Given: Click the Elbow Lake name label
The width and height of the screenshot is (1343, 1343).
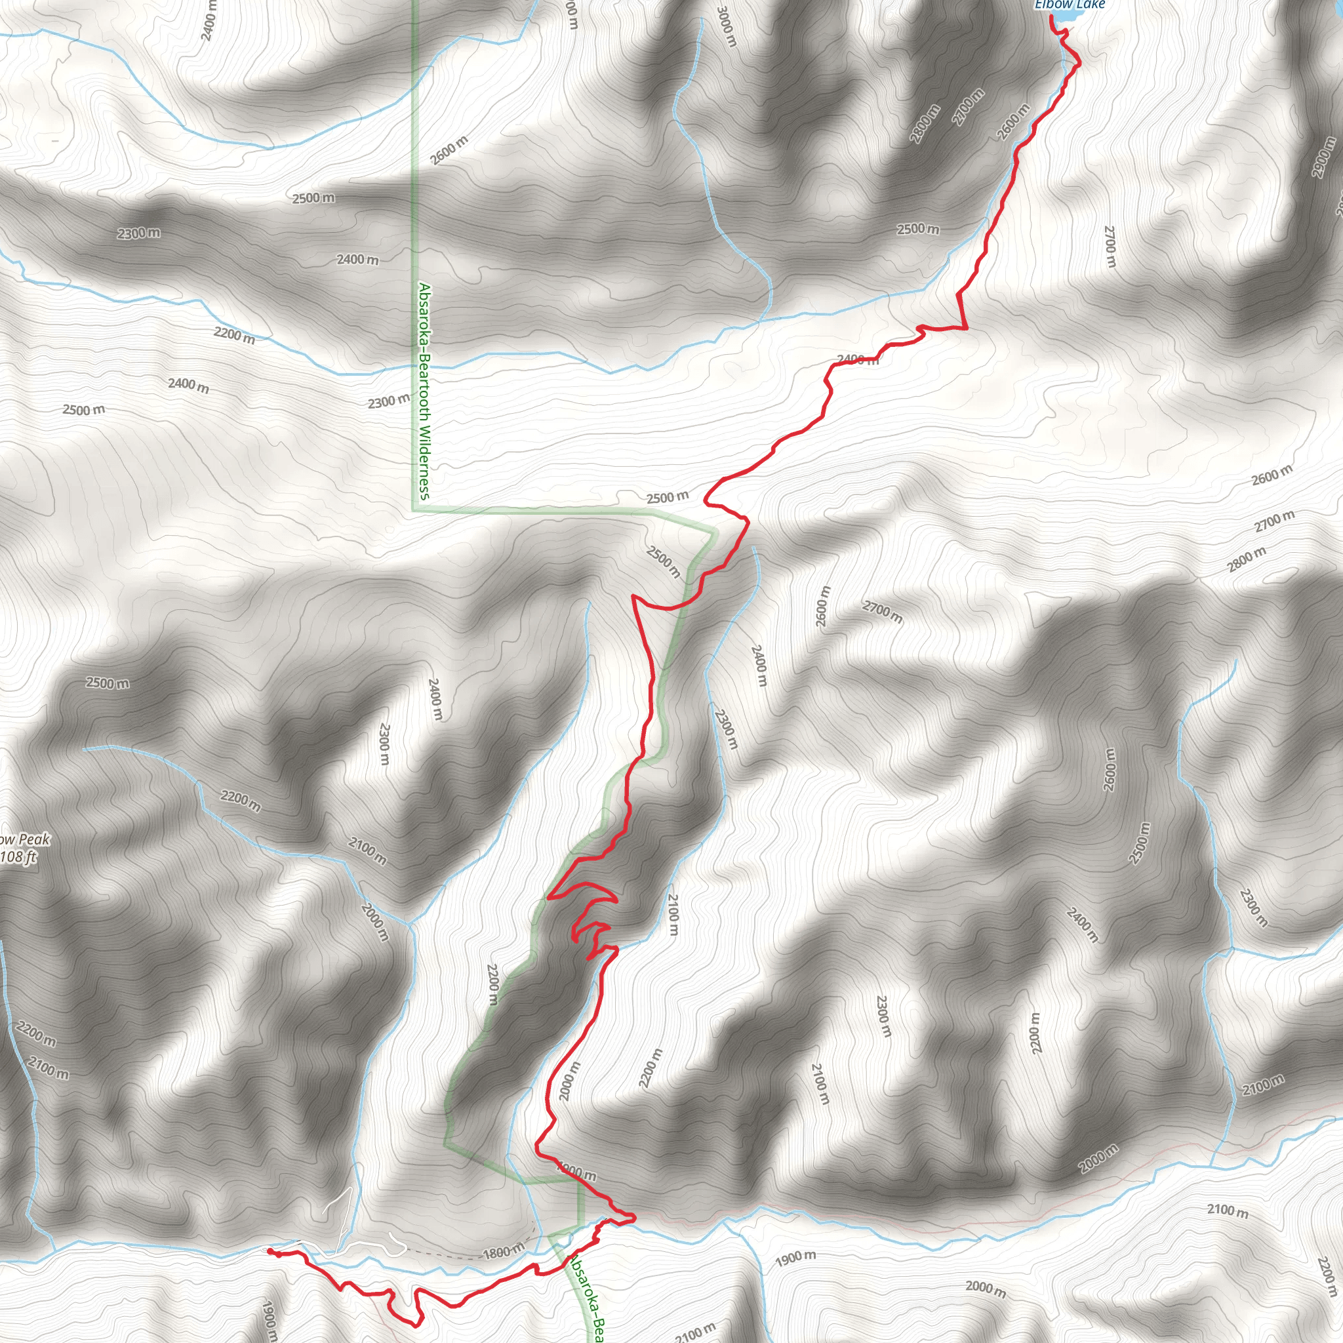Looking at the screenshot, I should point(1070,5).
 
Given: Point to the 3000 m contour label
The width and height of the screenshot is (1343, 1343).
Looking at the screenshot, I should point(725,26).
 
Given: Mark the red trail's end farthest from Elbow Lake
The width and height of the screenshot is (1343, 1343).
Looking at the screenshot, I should point(270,1251).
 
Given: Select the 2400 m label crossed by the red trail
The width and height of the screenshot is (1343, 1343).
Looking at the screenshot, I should point(858,359).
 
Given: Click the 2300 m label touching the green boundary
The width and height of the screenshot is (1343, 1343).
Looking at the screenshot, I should point(389,401).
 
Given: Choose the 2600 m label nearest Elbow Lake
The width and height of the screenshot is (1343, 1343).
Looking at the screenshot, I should point(1014,122).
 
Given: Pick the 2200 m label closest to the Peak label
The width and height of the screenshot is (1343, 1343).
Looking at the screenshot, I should point(35,1033).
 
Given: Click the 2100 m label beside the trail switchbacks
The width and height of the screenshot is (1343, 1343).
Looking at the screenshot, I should point(672,915).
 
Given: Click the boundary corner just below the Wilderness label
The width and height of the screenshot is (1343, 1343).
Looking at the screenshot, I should point(414,511).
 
